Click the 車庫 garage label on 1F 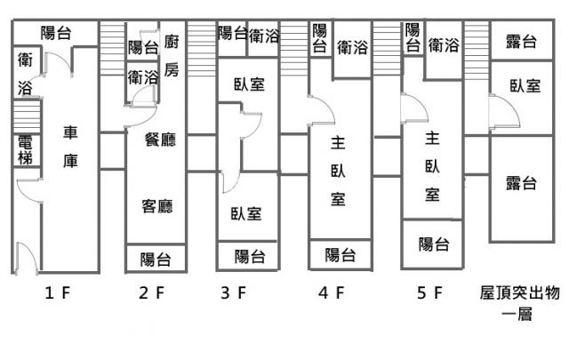(70, 147)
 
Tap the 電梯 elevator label (25, 150)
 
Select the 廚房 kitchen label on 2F (172, 55)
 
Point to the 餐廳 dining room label (160, 140)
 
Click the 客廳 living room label (157, 206)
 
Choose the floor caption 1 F (57, 292)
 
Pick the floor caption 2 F (152, 292)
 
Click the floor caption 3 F (234, 292)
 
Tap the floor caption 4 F (331, 292)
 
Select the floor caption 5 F (429, 292)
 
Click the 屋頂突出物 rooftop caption (519, 292)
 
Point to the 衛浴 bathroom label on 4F (352, 47)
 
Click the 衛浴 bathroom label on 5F (444, 45)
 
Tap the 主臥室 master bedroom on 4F (338, 171)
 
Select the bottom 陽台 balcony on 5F (434, 244)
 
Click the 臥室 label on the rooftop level (525, 86)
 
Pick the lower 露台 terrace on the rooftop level (521, 183)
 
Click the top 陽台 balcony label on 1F (55, 33)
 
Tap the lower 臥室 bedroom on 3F (246, 213)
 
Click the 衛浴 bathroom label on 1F (25, 74)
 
